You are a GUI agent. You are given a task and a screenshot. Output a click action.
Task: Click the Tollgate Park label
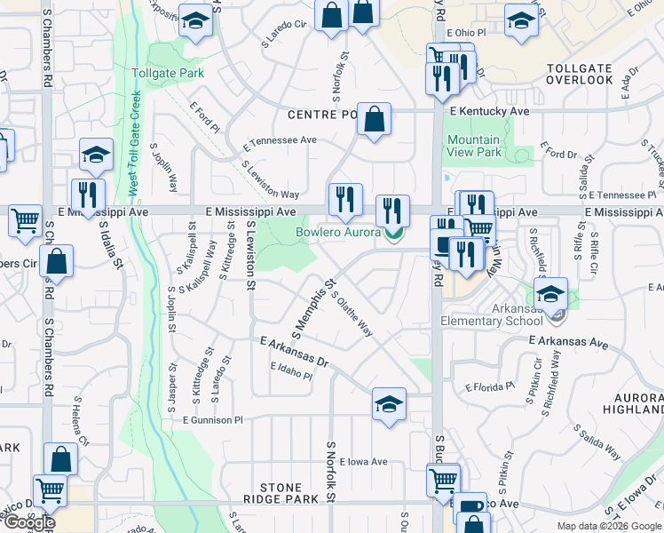pyautogui.click(x=168, y=73)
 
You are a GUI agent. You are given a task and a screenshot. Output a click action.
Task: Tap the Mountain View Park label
pyautogui.click(x=474, y=146)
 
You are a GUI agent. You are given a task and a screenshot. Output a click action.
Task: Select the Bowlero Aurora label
pyautogui.click(x=338, y=233)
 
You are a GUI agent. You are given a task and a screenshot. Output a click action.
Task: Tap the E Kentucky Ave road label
pyautogui.click(x=489, y=112)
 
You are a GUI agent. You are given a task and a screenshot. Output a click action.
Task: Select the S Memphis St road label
pyautogui.click(x=316, y=309)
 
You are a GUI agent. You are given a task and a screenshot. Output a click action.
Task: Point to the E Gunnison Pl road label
pyautogui.click(x=212, y=420)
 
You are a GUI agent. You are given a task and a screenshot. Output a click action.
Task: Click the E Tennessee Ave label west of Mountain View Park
pyautogui.click(x=281, y=140)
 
